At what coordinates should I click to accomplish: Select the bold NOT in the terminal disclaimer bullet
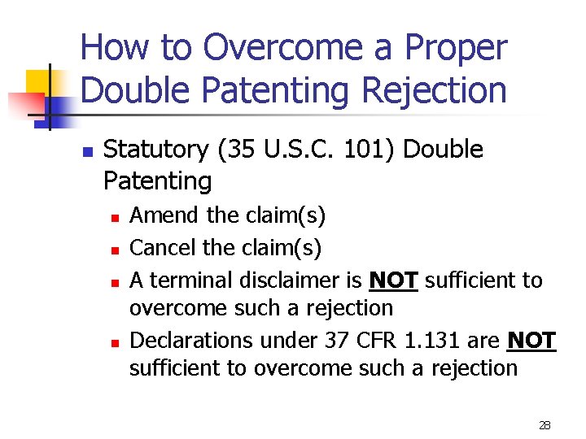coord(393,280)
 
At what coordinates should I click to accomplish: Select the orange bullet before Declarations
coord(116,341)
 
